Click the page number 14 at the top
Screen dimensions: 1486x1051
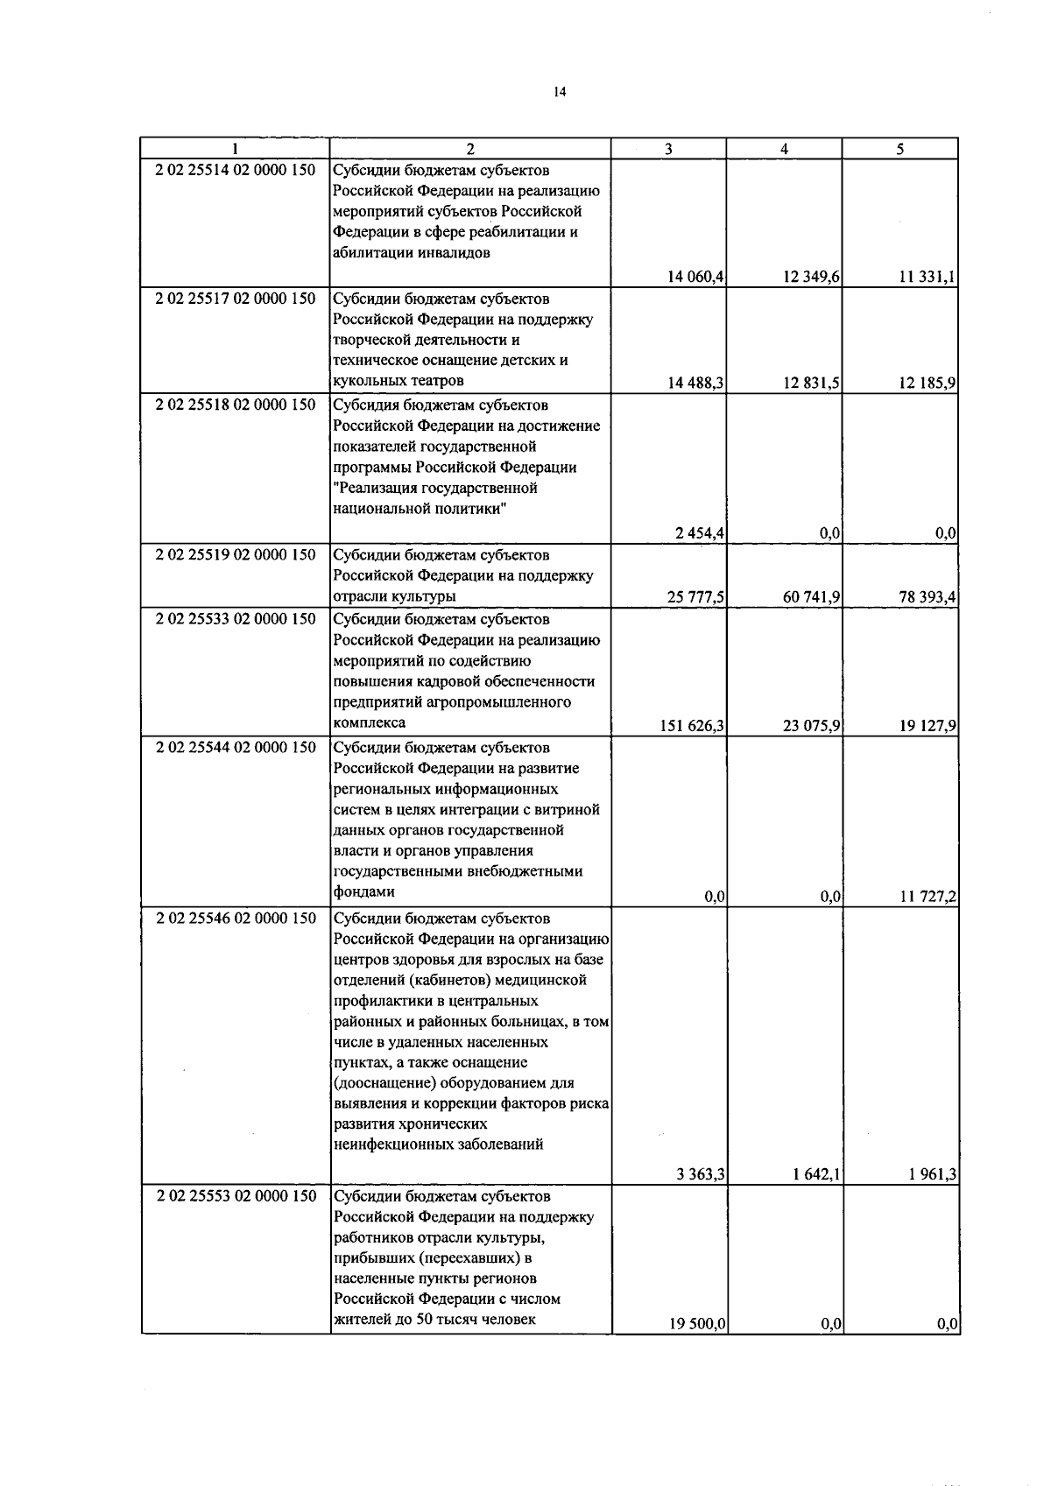pyautogui.click(x=560, y=92)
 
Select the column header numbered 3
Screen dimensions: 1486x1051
pyautogui.click(x=668, y=149)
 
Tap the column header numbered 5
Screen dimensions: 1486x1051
pyautogui.click(x=899, y=149)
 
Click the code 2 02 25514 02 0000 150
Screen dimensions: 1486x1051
pyautogui.click(x=236, y=171)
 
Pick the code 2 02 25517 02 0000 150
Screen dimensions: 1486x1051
pyautogui.click(x=236, y=299)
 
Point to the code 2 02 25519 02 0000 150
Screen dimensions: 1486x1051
pyautogui.click(x=236, y=555)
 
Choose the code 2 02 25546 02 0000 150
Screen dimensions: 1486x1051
pyautogui.click(x=236, y=919)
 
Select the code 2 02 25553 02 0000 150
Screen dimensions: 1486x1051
pyautogui.click(x=236, y=1196)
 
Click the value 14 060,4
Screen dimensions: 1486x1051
pyautogui.click(x=695, y=278)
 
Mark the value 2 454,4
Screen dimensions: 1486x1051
pyautogui.click(x=700, y=533)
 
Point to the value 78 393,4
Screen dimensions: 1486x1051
pyautogui.click(x=928, y=597)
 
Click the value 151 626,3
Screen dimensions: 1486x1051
pyautogui.click(x=691, y=725)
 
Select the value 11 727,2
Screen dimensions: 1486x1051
pyautogui.click(x=928, y=896)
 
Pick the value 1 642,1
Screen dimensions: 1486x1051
pyautogui.click(x=817, y=1175)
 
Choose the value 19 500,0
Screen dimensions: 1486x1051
pyautogui.click(x=695, y=1325)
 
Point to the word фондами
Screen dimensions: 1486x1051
pyautogui.click(x=363, y=891)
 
